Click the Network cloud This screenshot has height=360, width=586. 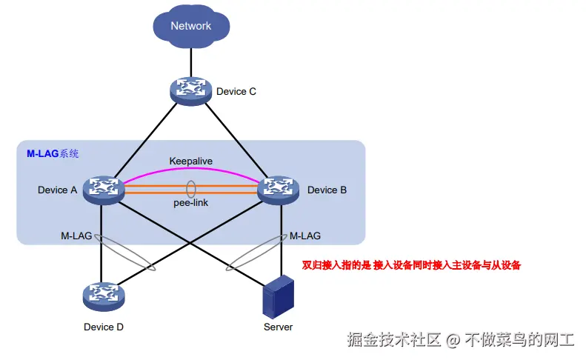pos(191,27)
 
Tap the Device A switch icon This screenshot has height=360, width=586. pos(102,189)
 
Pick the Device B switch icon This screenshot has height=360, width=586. pos(280,189)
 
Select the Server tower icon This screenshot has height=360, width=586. pos(279,295)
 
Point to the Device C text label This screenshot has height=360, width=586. pos(236,92)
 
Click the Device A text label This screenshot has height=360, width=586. pos(58,190)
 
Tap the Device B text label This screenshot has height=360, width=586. pos(327,190)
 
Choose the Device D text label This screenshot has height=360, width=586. pos(103,327)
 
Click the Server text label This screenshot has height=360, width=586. pos(278,327)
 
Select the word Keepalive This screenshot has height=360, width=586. pos(191,161)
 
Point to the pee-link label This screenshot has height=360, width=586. pos(191,202)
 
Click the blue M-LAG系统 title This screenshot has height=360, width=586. pos(53,154)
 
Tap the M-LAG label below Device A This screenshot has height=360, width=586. pos(76,236)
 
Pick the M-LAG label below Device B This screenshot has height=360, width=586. pos(304,236)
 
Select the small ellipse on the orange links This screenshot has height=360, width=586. pos(191,189)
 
